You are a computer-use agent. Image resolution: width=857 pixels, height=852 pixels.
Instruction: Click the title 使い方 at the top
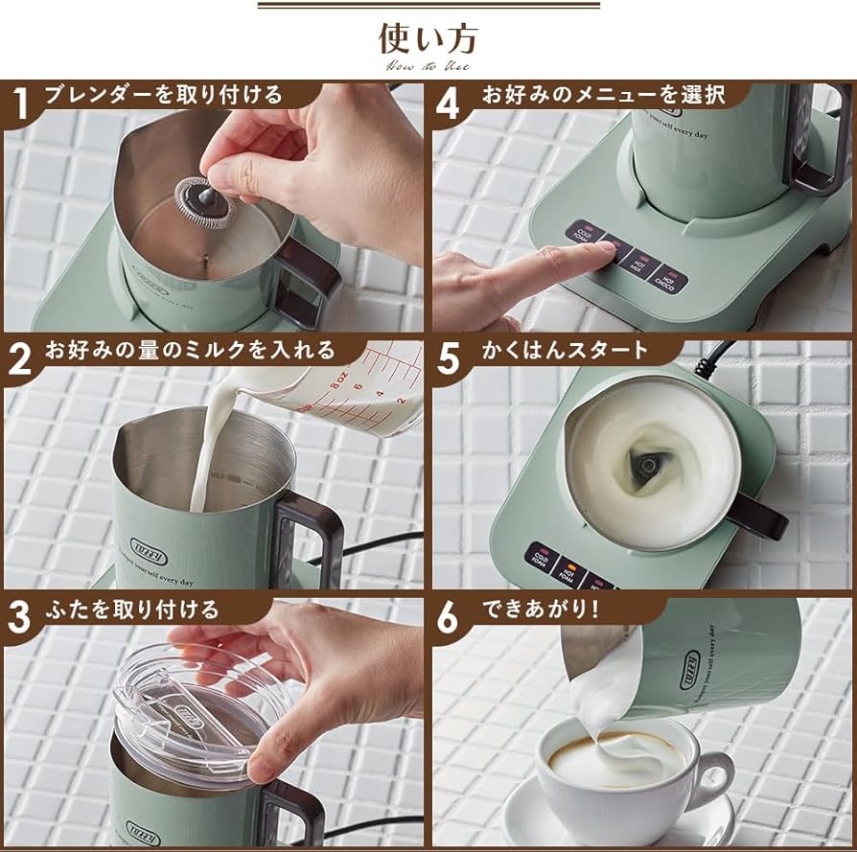pos(428,40)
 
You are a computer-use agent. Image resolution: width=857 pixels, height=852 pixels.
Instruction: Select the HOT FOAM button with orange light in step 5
pos(572,572)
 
